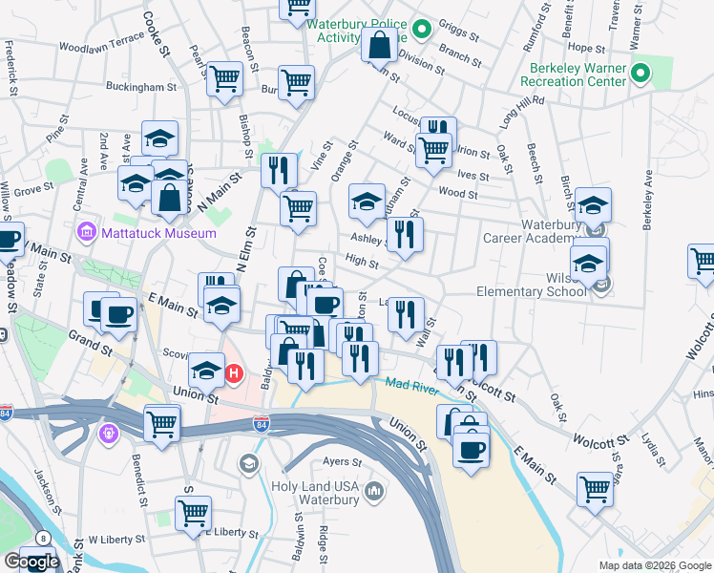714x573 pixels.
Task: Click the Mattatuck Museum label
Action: (142, 230)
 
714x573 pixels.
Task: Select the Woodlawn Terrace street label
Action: (100, 45)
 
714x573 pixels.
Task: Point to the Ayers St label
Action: (341, 461)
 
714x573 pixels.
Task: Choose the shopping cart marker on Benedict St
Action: (162, 421)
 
